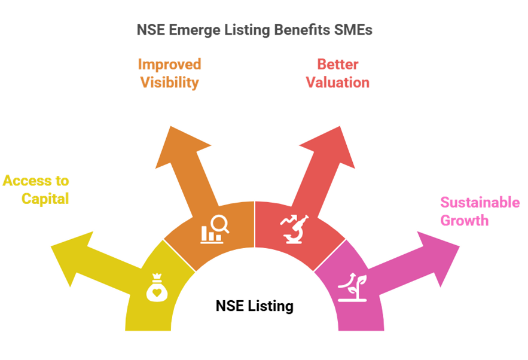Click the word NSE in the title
[x=149, y=30]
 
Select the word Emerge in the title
[x=190, y=30]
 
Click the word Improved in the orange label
[x=169, y=64]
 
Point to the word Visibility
[x=169, y=83]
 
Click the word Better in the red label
[x=337, y=64]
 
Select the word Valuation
[x=337, y=83]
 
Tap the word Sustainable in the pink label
[x=480, y=202]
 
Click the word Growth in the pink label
[x=464, y=221]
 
